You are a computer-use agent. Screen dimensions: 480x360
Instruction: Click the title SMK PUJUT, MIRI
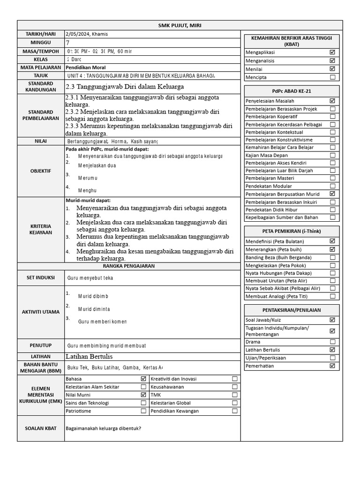[x=180, y=25]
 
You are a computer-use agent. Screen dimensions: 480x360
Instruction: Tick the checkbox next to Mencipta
[x=332, y=77]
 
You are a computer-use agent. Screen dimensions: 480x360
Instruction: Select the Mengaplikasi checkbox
[x=332, y=52]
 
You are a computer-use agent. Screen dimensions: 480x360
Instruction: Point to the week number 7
[x=68, y=43]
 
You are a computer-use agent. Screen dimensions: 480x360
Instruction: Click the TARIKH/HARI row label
[x=41, y=34]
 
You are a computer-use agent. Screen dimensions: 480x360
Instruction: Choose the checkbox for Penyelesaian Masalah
[x=332, y=101]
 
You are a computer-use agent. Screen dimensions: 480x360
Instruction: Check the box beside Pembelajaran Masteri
[x=332, y=178]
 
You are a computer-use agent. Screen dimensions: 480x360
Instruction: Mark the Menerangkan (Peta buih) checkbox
[x=332, y=250]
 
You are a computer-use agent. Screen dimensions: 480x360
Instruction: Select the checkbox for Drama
[x=332, y=342]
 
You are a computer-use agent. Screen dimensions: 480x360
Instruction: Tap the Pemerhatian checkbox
[x=332, y=366]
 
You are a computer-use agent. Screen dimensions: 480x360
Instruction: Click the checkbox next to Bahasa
[x=143, y=379]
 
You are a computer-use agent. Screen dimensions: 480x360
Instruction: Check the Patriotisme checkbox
[x=143, y=411]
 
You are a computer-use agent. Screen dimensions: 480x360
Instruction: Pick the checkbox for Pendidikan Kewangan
[x=235, y=411]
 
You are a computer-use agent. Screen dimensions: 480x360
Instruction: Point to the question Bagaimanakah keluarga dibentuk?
[x=104, y=428]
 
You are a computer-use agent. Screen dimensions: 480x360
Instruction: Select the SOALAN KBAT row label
[x=41, y=428]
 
